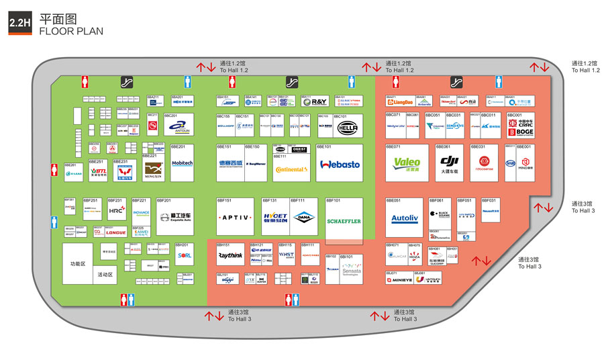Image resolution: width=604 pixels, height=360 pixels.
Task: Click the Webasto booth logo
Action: tap(340, 164)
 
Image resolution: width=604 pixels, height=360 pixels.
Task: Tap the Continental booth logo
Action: tap(291, 169)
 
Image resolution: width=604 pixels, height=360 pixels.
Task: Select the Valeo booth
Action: tap(407, 163)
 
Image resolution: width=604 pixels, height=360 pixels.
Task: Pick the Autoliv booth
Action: tap(404, 218)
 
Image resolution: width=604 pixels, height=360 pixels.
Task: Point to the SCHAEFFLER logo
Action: tap(344, 221)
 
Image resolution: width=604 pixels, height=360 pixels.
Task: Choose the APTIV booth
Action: tap(235, 218)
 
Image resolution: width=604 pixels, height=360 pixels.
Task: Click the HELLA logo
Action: tap(347, 126)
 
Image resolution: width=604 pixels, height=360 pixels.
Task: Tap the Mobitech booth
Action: tap(182, 163)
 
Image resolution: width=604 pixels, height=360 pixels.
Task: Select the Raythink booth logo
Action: tap(230, 255)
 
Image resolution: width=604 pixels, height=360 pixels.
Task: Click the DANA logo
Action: tap(306, 218)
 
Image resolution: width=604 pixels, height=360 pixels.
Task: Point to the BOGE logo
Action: tap(520, 133)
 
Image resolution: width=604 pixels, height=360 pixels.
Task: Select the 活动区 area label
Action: tap(105, 275)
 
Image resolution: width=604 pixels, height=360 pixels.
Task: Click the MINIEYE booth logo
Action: tap(399, 280)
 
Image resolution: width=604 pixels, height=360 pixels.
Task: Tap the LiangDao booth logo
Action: tap(400, 103)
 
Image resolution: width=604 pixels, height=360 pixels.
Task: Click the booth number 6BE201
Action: tap(178, 146)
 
